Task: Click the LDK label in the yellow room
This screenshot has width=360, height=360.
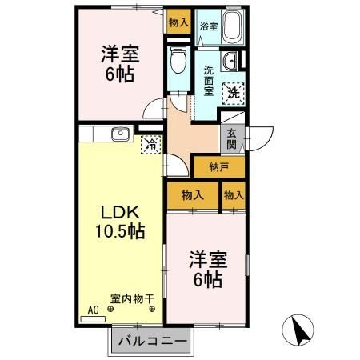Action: pyautogui.click(x=121, y=214)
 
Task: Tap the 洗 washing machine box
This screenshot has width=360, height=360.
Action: pyautogui.click(x=233, y=93)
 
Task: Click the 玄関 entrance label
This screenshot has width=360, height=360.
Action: pyautogui.click(x=231, y=139)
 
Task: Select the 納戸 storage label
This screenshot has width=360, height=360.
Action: pyautogui.click(x=218, y=167)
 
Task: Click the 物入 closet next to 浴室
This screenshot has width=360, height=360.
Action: pyautogui.click(x=178, y=22)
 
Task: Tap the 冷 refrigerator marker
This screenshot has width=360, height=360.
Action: pyautogui.click(x=150, y=145)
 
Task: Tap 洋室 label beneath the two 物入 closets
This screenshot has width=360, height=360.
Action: pyautogui.click(x=206, y=269)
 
